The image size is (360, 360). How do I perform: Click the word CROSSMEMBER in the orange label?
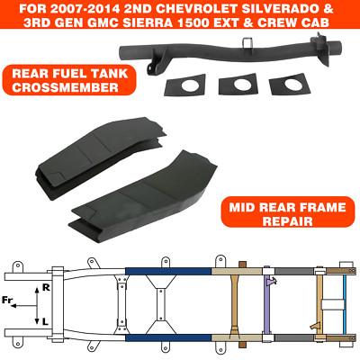point(66,87)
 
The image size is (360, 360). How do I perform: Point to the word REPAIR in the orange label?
point(288,221)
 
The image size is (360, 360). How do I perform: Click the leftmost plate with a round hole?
point(185,85)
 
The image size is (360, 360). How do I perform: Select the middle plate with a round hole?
point(238,85)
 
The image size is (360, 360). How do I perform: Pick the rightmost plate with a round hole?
point(290,85)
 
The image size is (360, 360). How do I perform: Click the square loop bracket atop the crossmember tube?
point(247,42)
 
